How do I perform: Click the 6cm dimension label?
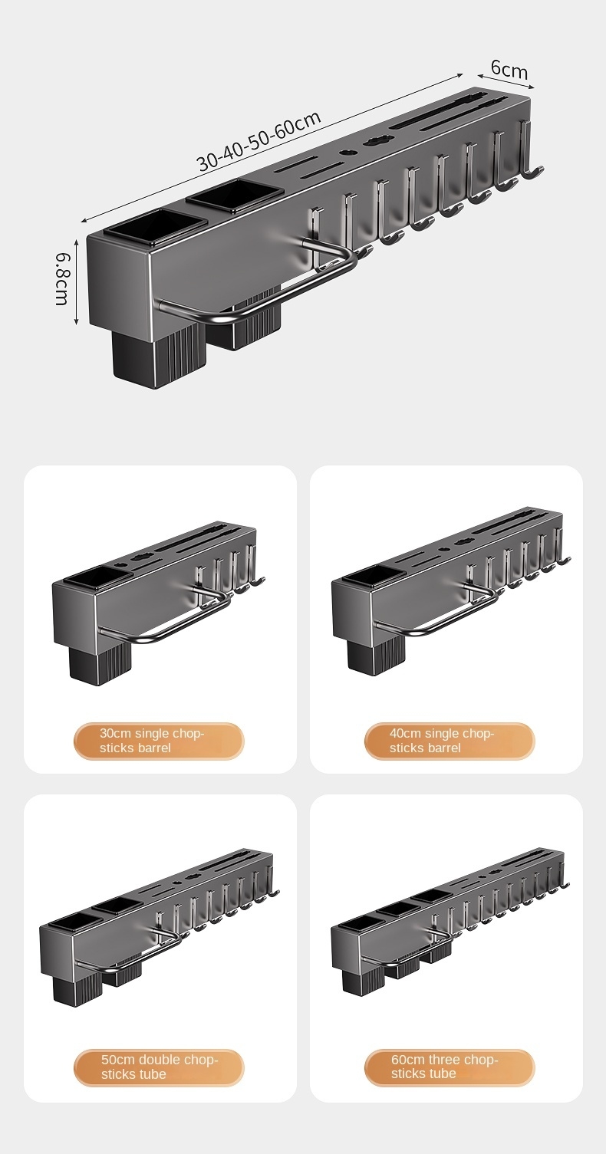tap(509, 69)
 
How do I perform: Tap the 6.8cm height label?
tap(62, 278)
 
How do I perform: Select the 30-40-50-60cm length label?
tap(259, 140)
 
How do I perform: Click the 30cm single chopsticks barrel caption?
tap(152, 740)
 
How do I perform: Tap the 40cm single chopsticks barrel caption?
tap(442, 740)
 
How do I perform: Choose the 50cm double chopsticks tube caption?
tap(160, 1067)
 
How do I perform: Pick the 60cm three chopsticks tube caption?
tap(444, 1067)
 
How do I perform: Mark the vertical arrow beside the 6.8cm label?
tap(76, 281)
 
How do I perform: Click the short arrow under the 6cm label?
tap(506, 81)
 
